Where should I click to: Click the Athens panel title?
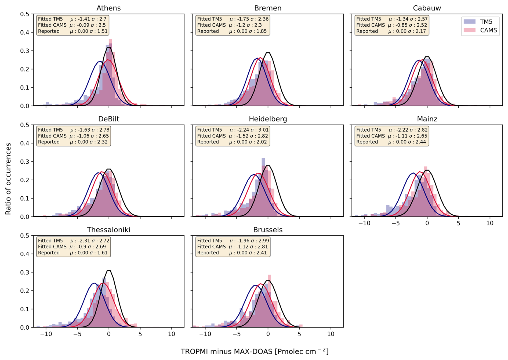click(108, 8)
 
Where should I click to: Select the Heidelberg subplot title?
click(268, 119)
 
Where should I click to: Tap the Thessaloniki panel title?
click(108, 230)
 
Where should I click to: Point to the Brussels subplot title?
click(268, 230)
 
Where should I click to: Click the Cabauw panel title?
click(427, 8)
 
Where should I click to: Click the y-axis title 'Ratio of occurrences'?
click(8, 179)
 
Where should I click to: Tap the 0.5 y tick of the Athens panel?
click(25, 14)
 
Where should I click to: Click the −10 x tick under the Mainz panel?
click(364, 223)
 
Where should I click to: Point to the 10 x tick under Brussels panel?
click(331, 334)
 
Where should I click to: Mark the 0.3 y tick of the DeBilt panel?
click(25, 162)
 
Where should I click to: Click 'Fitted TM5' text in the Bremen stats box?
click(209, 19)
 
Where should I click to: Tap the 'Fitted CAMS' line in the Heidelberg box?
click(211, 136)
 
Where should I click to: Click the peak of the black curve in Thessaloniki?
click(109, 271)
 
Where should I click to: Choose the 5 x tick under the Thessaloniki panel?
click(140, 334)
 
